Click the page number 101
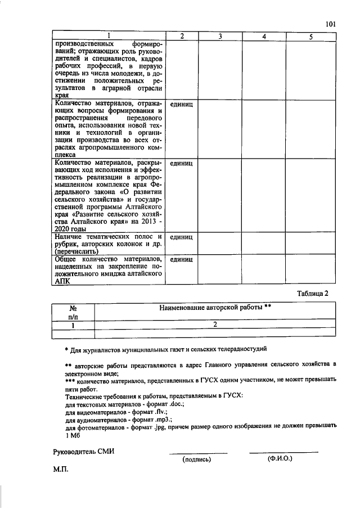coord(330,24)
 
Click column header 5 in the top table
coord(310,37)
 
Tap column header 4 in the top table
coord(264,37)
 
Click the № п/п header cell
coord(73,313)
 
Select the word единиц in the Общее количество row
coord(181,260)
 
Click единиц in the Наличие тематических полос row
coord(181,237)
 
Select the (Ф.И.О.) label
coord(280,459)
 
